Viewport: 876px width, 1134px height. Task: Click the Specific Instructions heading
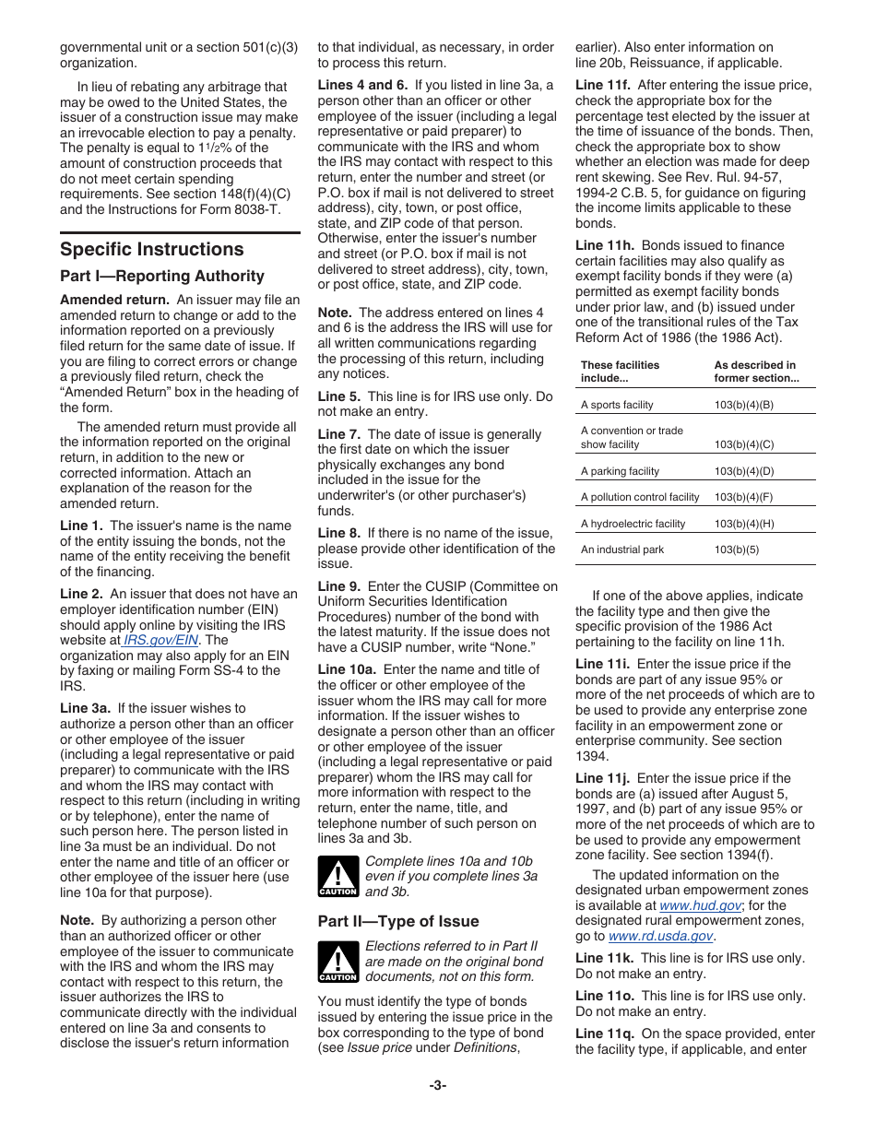tap(152, 250)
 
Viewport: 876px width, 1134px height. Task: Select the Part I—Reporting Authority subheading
tap(161, 277)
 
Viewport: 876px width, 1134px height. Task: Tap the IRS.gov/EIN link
tap(161, 640)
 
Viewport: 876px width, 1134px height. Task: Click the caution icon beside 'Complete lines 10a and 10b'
tap(337, 877)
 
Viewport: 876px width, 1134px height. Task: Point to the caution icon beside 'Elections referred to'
tap(337, 962)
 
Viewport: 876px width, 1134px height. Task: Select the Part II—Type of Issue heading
tap(398, 922)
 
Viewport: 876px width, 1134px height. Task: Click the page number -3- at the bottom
tap(437, 1085)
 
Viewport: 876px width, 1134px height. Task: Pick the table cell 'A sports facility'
tap(617, 405)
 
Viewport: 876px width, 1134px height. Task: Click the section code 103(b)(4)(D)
tap(743, 471)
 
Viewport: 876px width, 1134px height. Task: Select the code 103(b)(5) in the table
tap(736, 549)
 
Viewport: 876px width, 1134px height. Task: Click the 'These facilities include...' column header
tap(620, 372)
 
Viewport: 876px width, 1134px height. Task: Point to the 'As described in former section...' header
tap(756, 372)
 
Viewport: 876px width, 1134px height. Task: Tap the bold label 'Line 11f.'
tap(604, 86)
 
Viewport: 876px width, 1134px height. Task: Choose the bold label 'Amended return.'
tap(114, 300)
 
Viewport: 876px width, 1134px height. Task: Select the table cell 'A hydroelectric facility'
tap(633, 524)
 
